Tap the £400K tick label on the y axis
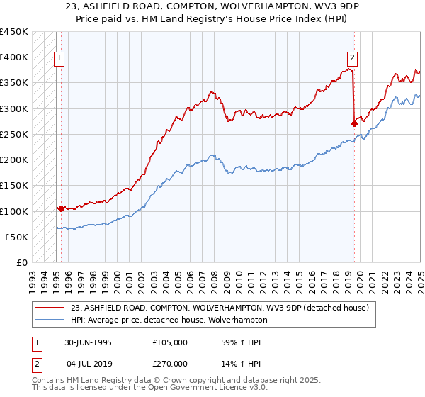[13, 57]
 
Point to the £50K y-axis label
[16, 237]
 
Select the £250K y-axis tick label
[13, 134]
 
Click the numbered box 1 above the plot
[59, 59]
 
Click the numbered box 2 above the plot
[352, 59]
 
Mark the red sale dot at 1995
[62, 208]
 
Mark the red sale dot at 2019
[354, 123]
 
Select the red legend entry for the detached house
[220, 308]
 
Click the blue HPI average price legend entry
[169, 320]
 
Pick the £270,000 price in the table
[170, 363]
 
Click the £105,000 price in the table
[170, 342]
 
